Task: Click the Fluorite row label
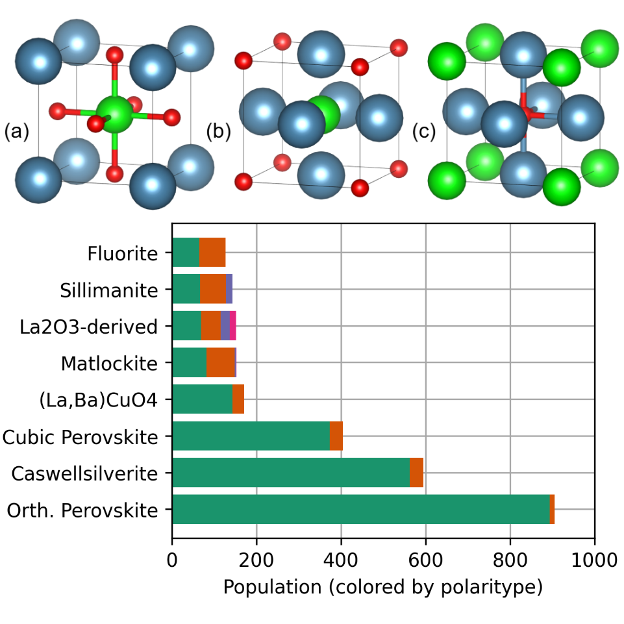123,253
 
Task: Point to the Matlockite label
109,363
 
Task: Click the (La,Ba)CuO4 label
98,400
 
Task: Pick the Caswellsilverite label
84,473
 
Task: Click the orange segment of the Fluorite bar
212,253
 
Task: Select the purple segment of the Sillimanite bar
229,289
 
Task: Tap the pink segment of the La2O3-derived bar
232,326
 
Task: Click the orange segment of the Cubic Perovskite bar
336,436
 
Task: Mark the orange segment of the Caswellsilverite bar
416,473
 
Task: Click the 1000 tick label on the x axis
594,558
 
